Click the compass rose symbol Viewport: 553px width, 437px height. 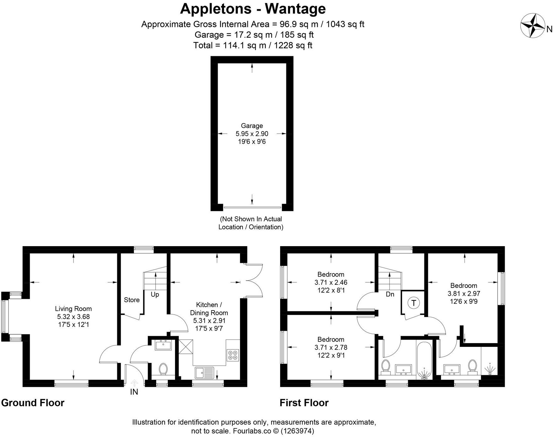pyautogui.click(x=532, y=25)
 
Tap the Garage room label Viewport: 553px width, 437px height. pyautogui.click(x=252, y=126)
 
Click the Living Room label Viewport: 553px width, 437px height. pyautogui.click(x=73, y=309)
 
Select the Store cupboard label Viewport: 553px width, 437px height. pyautogui.click(x=132, y=300)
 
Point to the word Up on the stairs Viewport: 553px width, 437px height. pyautogui.click(x=155, y=294)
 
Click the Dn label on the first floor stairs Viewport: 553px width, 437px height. pyautogui.click(x=390, y=294)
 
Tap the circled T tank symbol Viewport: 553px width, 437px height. pyautogui.click(x=413, y=303)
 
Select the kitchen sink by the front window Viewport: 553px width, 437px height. pyautogui.click(x=204, y=373)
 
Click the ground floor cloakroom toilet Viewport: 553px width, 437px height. pyautogui.click(x=163, y=369)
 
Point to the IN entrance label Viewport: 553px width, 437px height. pyautogui.click(x=134, y=392)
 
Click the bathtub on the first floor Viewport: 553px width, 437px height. pyautogui.click(x=424, y=361)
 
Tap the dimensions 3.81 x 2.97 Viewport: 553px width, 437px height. pyautogui.click(x=464, y=294)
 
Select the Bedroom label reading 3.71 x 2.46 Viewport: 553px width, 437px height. pyautogui.click(x=331, y=274)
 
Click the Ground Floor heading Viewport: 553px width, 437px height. pyautogui.click(x=33, y=403)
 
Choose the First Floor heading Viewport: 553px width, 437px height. pyautogui.click(x=304, y=403)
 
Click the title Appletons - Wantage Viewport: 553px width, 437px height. pyautogui.click(x=253, y=8)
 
